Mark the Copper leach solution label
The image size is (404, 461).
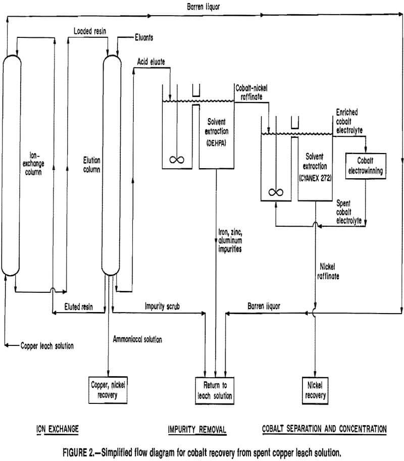46,346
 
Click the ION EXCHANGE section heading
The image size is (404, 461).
57,429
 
